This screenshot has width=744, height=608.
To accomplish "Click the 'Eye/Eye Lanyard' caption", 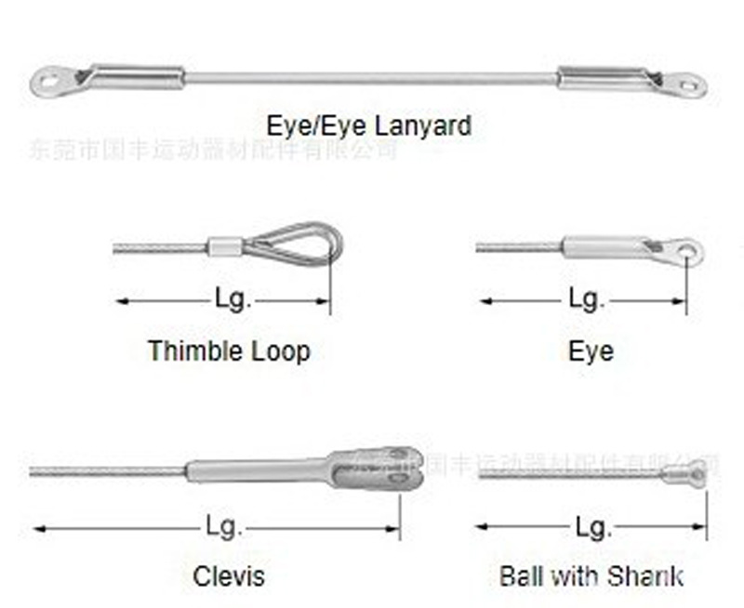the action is [368, 125].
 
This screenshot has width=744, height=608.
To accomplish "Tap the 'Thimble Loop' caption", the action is [229, 350].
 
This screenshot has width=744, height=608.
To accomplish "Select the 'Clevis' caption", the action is [229, 575].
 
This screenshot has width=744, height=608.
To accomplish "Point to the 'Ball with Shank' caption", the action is [591, 575].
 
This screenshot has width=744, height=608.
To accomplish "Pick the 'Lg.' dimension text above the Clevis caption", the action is [224, 527].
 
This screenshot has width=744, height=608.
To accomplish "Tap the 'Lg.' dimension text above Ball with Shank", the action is [592, 527].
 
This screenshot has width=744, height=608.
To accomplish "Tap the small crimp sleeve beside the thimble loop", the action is [220, 247].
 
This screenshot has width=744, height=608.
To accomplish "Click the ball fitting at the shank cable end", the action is [693, 474].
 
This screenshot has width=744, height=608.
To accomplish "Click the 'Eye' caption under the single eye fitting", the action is [591, 350].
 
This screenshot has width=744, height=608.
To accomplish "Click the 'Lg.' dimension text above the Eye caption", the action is [586, 299].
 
